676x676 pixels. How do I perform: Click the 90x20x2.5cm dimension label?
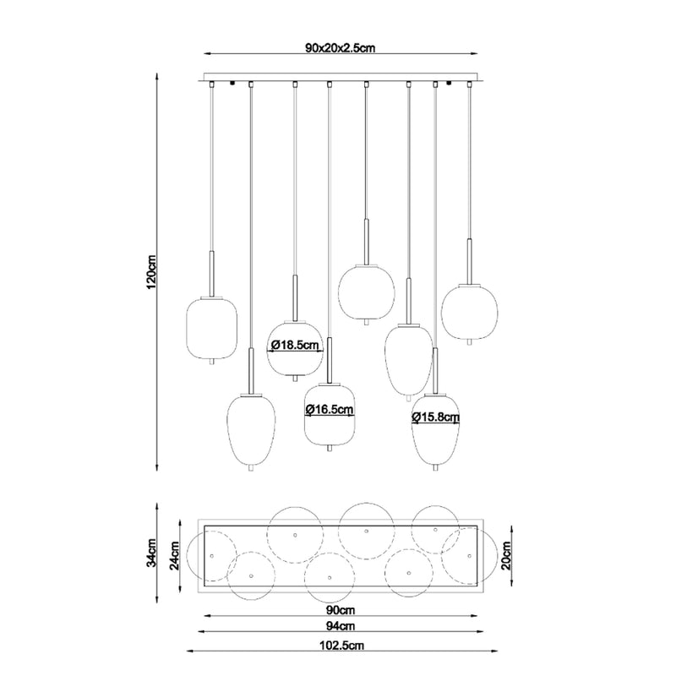(x=341, y=47)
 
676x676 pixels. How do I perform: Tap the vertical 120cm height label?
(x=152, y=272)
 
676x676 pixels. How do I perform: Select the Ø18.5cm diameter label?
(x=295, y=345)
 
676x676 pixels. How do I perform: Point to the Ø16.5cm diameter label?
(x=330, y=409)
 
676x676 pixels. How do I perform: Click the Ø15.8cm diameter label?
(x=435, y=417)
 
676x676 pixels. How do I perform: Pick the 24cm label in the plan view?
(x=174, y=556)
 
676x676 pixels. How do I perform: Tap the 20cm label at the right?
(x=505, y=556)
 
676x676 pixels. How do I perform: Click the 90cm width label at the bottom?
(x=341, y=610)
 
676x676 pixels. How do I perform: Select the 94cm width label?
(x=341, y=625)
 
